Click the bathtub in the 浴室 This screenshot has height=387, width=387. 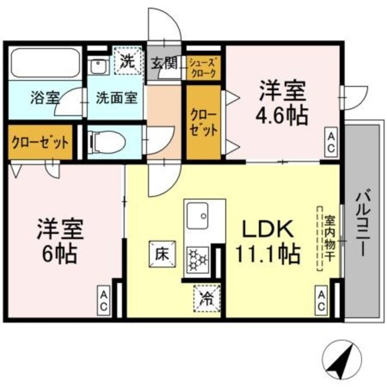pyautogui.click(x=46, y=63)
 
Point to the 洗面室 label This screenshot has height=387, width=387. pyautogui.click(x=117, y=97)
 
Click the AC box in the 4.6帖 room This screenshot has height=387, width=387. pyautogui.click(x=331, y=141)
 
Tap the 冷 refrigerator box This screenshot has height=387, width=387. pyautogui.click(x=206, y=297)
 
